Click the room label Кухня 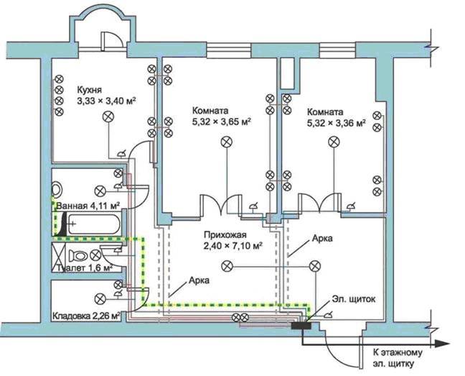click(89, 90)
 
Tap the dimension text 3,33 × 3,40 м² click(106, 101)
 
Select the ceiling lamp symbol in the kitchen click(108, 116)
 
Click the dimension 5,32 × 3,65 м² click(222, 121)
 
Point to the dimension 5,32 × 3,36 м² click(336, 123)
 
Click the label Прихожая click(225, 235)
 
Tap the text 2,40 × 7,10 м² click(233, 246)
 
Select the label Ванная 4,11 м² click(88, 206)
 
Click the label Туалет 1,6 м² click(85, 268)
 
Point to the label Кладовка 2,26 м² click(86, 316)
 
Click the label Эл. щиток click(354, 299)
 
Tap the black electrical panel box click(301, 326)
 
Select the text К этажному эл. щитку click(398, 358)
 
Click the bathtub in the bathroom click(94, 224)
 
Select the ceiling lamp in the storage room click(100, 299)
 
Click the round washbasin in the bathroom click(57, 188)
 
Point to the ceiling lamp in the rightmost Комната click(334, 142)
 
